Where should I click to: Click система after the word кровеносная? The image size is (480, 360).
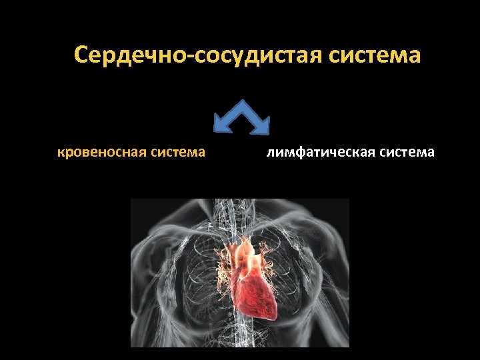tap(178, 153)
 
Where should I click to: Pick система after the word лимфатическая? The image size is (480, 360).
tap(407, 153)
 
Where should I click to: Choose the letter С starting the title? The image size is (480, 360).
tap(82, 55)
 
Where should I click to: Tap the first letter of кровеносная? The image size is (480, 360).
tap(61, 153)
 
